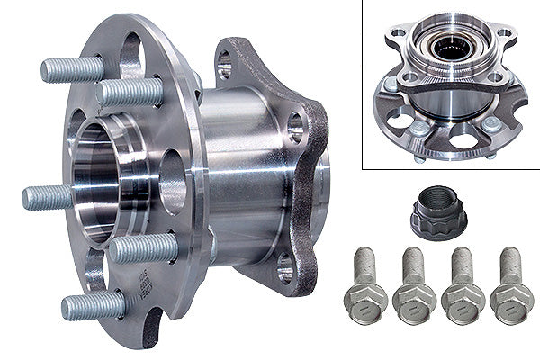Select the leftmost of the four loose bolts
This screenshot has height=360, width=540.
click(x=365, y=287)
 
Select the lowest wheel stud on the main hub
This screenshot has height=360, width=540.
click(x=93, y=306)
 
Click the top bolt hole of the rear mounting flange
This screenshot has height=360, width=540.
click(x=224, y=61)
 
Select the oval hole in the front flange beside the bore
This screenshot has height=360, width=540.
click(x=172, y=181)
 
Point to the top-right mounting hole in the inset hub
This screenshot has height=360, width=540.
click(x=505, y=33)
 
